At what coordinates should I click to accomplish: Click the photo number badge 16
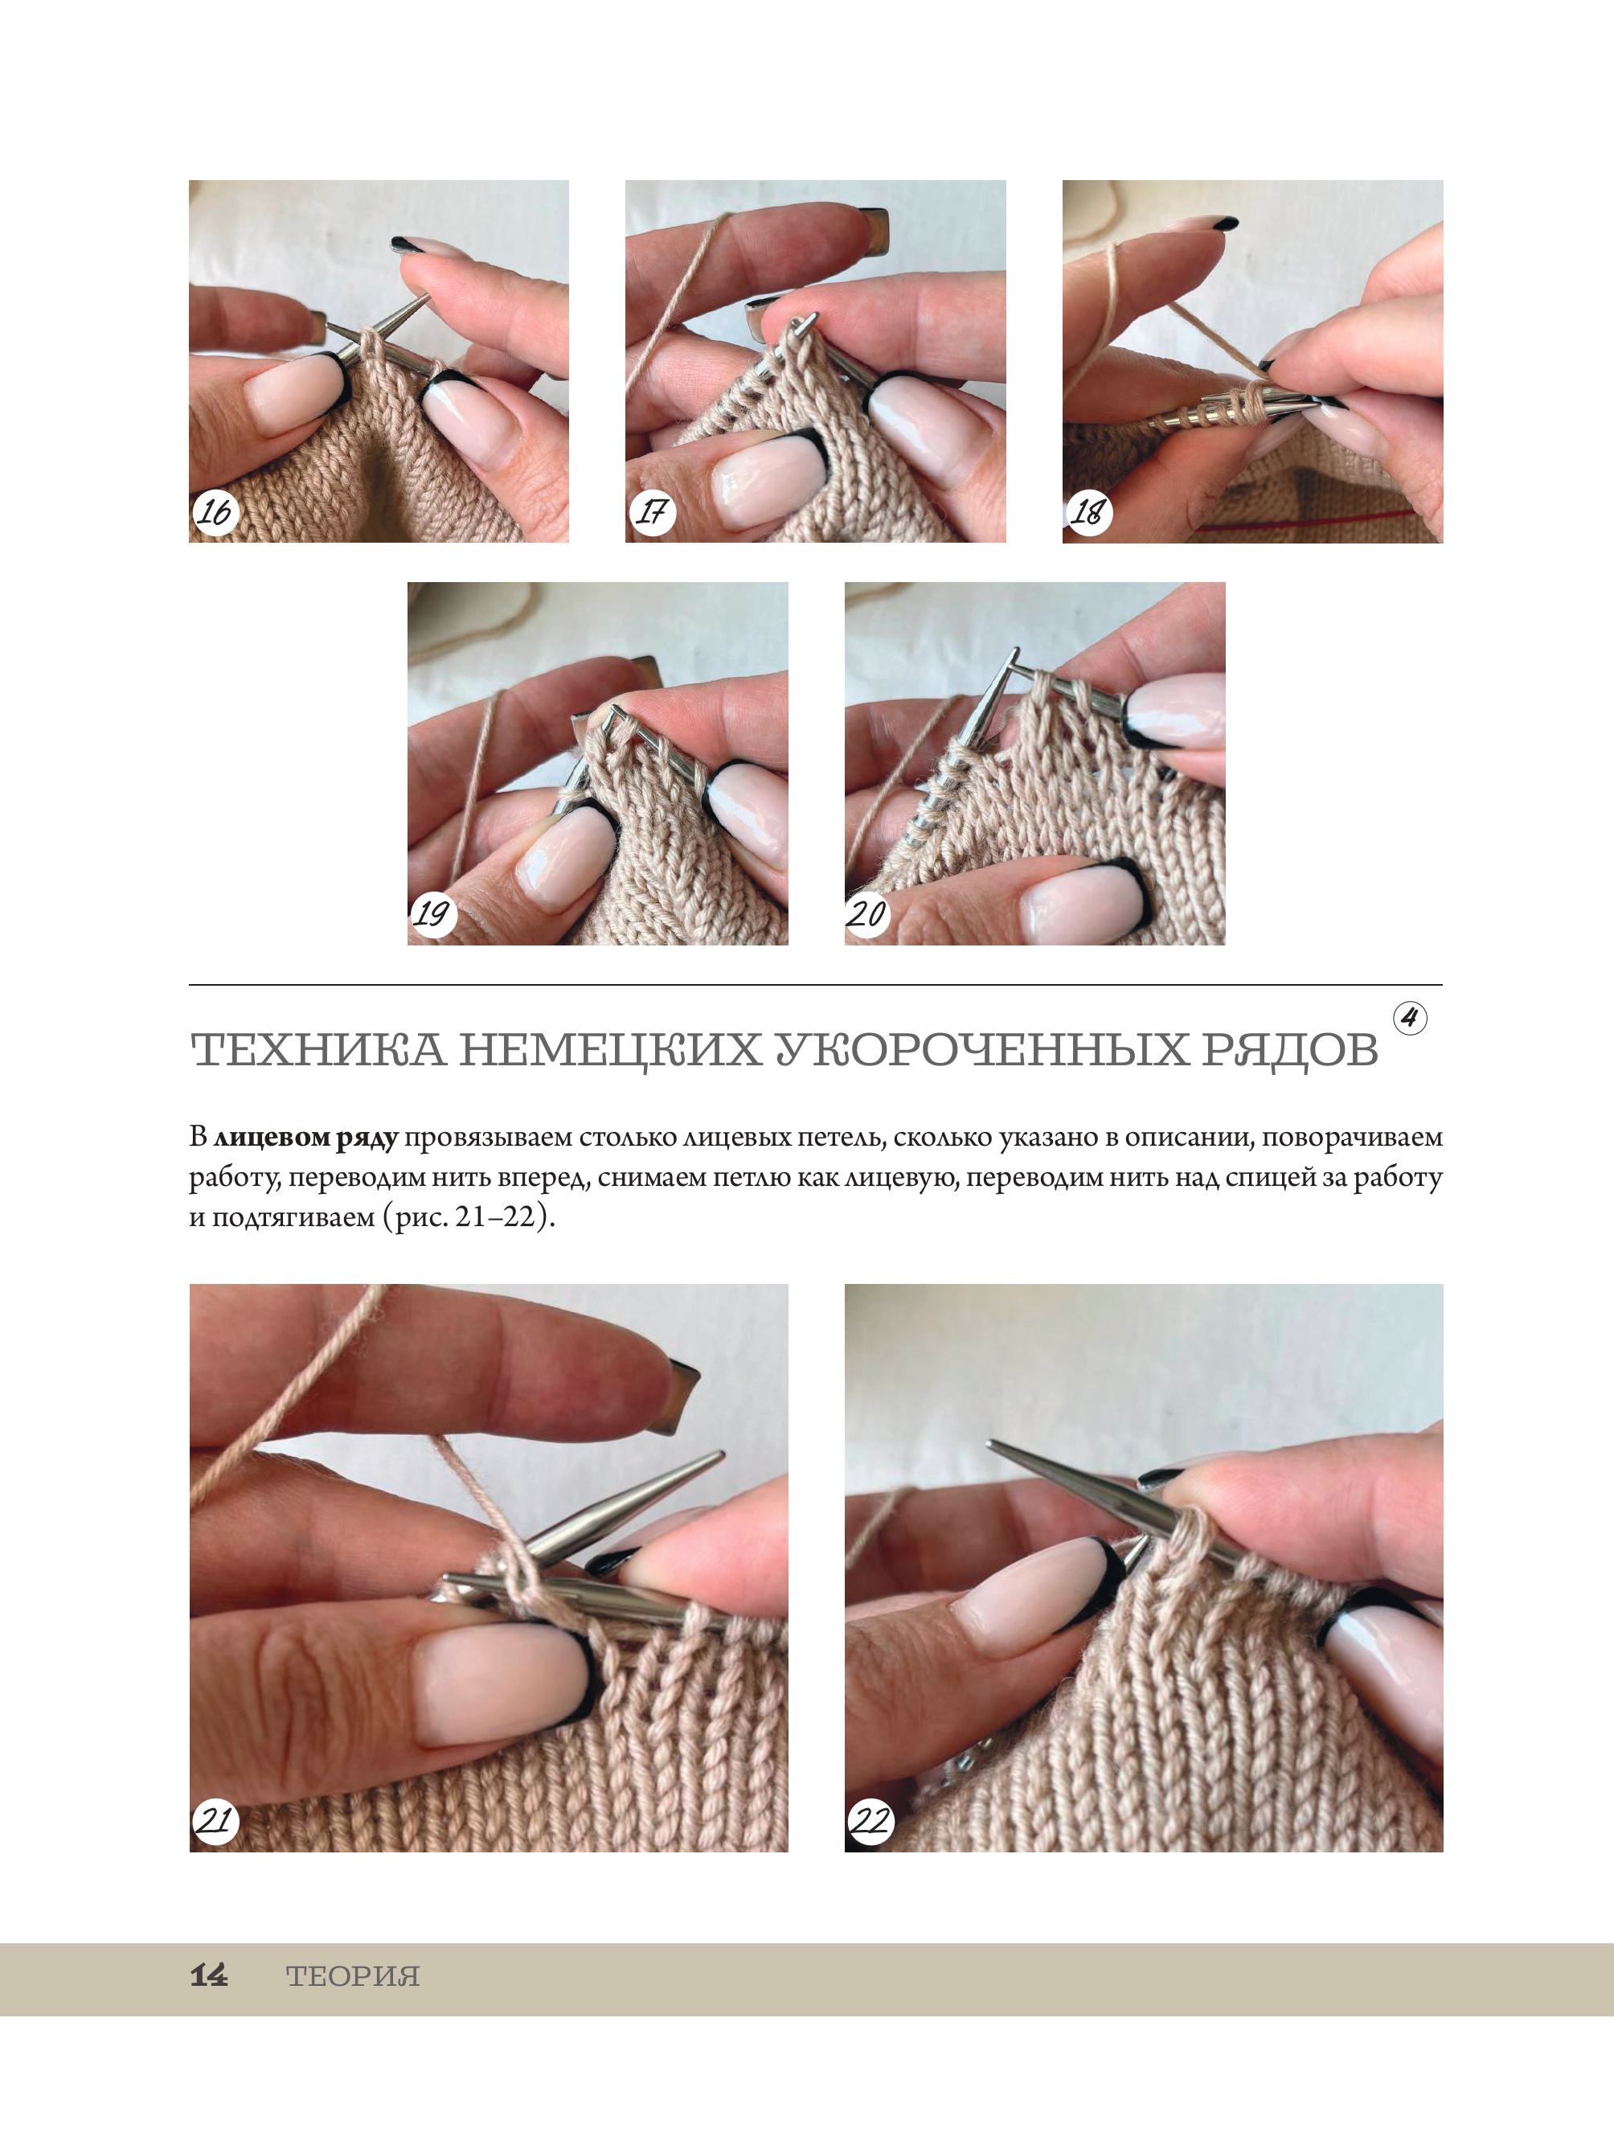coord(215,511)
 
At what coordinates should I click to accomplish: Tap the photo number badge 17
coord(653,511)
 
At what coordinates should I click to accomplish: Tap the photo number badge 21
coord(215,1820)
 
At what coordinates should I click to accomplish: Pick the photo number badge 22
coord(870,1820)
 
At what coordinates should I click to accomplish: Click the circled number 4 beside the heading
coord(1410,1019)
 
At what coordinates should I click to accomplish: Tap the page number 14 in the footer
coord(209,1975)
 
